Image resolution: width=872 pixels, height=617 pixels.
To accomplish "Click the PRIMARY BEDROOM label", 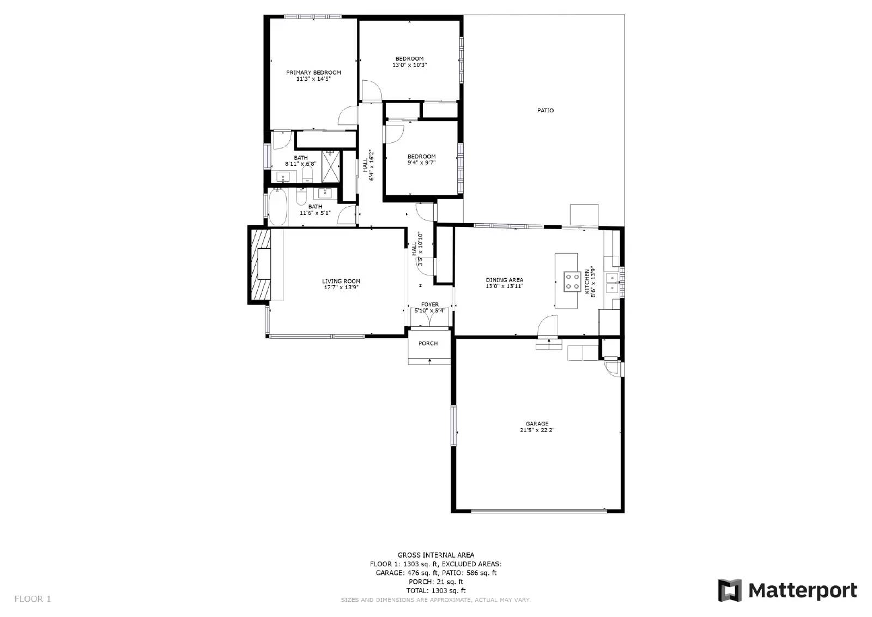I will [x=313, y=72].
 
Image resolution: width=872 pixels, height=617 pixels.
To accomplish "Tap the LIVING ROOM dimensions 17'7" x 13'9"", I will [x=341, y=287].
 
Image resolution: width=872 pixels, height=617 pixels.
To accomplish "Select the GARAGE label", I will [x=537, y=423].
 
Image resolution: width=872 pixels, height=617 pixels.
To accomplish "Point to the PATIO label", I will [x=545, y=110].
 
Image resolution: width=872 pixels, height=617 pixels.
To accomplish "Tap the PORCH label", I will [x=428, y=344].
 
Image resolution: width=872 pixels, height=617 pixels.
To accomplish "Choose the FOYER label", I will [x=429, y=304].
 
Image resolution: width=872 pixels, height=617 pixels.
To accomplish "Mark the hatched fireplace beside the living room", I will [x=259, y=265].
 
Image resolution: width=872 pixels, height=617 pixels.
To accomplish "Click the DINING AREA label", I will [x=504, y=280].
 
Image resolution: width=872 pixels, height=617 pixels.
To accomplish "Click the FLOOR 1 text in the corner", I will [x=33, y=599].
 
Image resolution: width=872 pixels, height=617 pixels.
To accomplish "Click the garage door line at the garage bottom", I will [x=538, y=511].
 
